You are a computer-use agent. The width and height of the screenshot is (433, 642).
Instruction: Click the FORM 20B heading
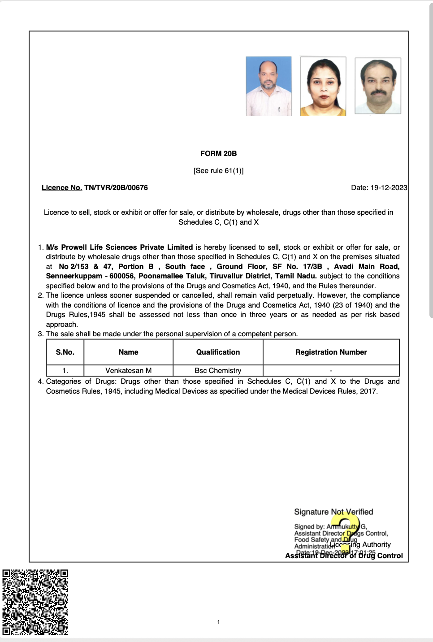coord(218,153)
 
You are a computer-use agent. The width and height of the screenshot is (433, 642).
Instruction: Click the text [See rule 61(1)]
coord(218,170)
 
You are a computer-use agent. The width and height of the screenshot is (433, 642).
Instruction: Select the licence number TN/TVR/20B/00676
coord(116,187)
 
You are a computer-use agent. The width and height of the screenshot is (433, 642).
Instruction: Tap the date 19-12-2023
coord(388,187)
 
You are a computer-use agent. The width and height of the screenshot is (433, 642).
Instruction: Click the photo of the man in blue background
coord(268,86)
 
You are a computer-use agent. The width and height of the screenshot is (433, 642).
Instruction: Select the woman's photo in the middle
coord(323,86)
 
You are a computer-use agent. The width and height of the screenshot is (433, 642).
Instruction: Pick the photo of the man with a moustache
coord(377,86)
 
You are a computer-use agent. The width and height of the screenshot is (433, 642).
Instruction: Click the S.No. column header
coord(65,352)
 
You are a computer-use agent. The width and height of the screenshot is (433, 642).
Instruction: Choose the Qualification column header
coord(218,352)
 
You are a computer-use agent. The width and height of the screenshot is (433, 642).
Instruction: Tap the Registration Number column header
coord(331,352)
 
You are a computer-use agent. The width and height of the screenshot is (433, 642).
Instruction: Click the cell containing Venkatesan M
coord(128,370)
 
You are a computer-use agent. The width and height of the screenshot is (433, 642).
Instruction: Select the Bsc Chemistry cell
coord(218,370)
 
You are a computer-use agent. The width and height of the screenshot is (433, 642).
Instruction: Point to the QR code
coord(35,602)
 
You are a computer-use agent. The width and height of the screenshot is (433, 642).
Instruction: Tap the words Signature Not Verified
coord(333,512)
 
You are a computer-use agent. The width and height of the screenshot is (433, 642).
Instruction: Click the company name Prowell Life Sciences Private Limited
coord(127,247)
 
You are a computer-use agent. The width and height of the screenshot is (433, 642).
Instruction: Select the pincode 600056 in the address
coord(122,276)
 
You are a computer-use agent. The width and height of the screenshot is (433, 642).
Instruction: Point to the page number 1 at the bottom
coord(218,622)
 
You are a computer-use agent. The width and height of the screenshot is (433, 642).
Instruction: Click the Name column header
coord(128,352)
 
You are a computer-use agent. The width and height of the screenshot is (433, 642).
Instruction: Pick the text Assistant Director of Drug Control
coord(344,556)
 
